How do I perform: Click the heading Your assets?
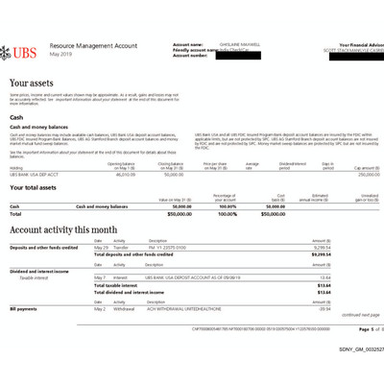click(32, 84)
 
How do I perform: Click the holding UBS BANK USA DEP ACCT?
click(36, 175)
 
